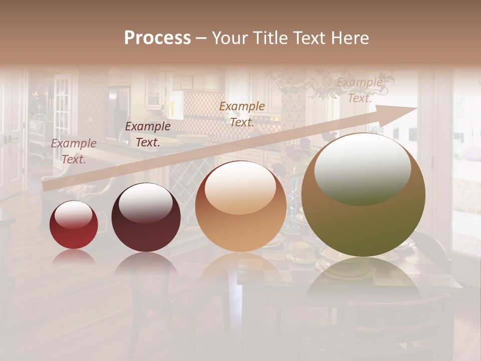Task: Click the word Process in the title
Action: pyautogui.click(x=157, y=38)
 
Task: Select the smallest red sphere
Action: pyautogui.click(x=74, y=225)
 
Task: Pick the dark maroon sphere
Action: pyautogui.click(x=146, y=218)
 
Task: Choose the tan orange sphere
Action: pyautogui.click(x=241, y=206)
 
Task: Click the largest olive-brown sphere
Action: pyautogui.click(x=363, y=195)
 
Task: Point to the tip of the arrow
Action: pyautogui.click(x=416, y=108)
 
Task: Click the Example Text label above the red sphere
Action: pyautogui.click(x=74, y=151)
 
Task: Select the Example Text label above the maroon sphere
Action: pyautogui.click(x=148, y=134)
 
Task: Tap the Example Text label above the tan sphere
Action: pyautogui.click(x=242, y=114)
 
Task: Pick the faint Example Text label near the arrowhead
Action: pyautogui.click(x=359, y=90)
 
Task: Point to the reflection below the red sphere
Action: pyautogui.click(x=74, y=257)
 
